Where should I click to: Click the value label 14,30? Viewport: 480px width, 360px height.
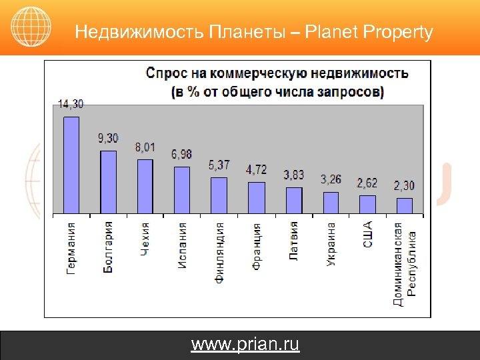(71, 105)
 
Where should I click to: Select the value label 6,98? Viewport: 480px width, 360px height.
(181, 154)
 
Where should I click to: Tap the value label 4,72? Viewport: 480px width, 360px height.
(256, 169)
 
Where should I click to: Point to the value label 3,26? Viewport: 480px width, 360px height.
(331, 179)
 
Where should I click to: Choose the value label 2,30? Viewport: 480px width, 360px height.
(404, 185)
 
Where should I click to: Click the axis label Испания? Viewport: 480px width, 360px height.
(182, 245)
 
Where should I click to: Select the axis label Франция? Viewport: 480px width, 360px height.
(257, 247)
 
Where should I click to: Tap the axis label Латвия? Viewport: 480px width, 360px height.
(294, 241)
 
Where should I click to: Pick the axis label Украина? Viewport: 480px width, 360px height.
(331, 244)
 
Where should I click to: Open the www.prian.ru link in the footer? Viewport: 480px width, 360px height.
(245, 345)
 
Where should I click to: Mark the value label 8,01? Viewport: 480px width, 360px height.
(145, 147)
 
